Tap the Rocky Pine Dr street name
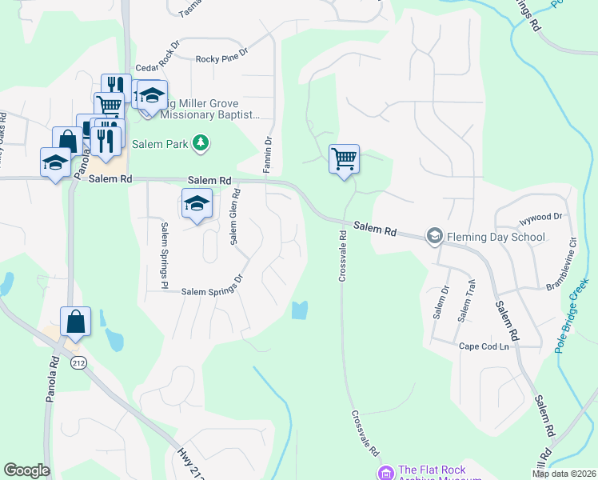point(222,59)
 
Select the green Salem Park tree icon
point(201,144)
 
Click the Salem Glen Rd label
point(235,218)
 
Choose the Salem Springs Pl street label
point(164,255)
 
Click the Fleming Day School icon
point(434,236)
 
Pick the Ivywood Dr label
point(541,216)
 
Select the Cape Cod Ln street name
point(483,346)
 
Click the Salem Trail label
point(466,302)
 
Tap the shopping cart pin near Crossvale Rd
point(344,159)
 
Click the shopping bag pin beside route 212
point(75,322)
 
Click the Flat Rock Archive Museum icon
point(386,473)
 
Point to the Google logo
point(26,470)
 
